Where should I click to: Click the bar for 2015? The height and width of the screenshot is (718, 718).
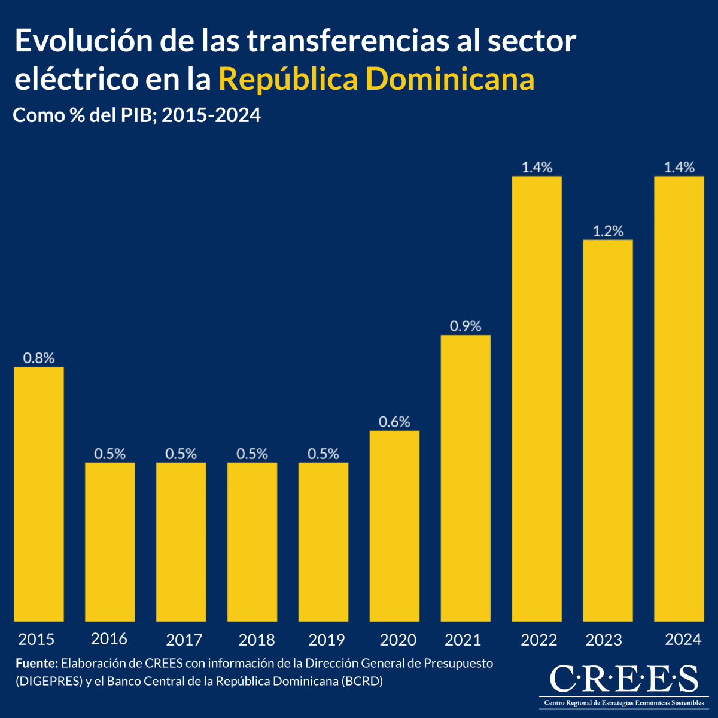point(39,494)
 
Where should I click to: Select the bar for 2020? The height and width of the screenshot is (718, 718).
point(394,526)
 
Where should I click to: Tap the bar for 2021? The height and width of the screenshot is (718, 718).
point(466,478)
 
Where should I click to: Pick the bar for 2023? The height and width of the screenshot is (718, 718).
point(608,430)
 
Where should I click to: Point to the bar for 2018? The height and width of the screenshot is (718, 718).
point(252,541)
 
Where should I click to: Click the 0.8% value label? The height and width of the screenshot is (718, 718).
point(39,358)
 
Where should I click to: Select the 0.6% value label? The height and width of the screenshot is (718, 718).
point(394,422)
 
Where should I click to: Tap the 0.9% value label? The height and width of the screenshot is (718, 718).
point(466,326)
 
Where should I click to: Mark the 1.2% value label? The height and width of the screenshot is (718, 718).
point(608,231)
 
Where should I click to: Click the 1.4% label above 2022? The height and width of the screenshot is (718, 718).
point(537,167)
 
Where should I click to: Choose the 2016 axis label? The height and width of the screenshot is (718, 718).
point(109,639)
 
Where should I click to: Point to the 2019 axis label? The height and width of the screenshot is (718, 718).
point(326,640)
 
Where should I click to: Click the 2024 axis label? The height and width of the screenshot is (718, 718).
point(683,640)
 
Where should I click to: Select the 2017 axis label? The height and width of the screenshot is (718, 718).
point(184,640)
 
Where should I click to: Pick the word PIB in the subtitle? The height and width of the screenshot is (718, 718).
point(139,115)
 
